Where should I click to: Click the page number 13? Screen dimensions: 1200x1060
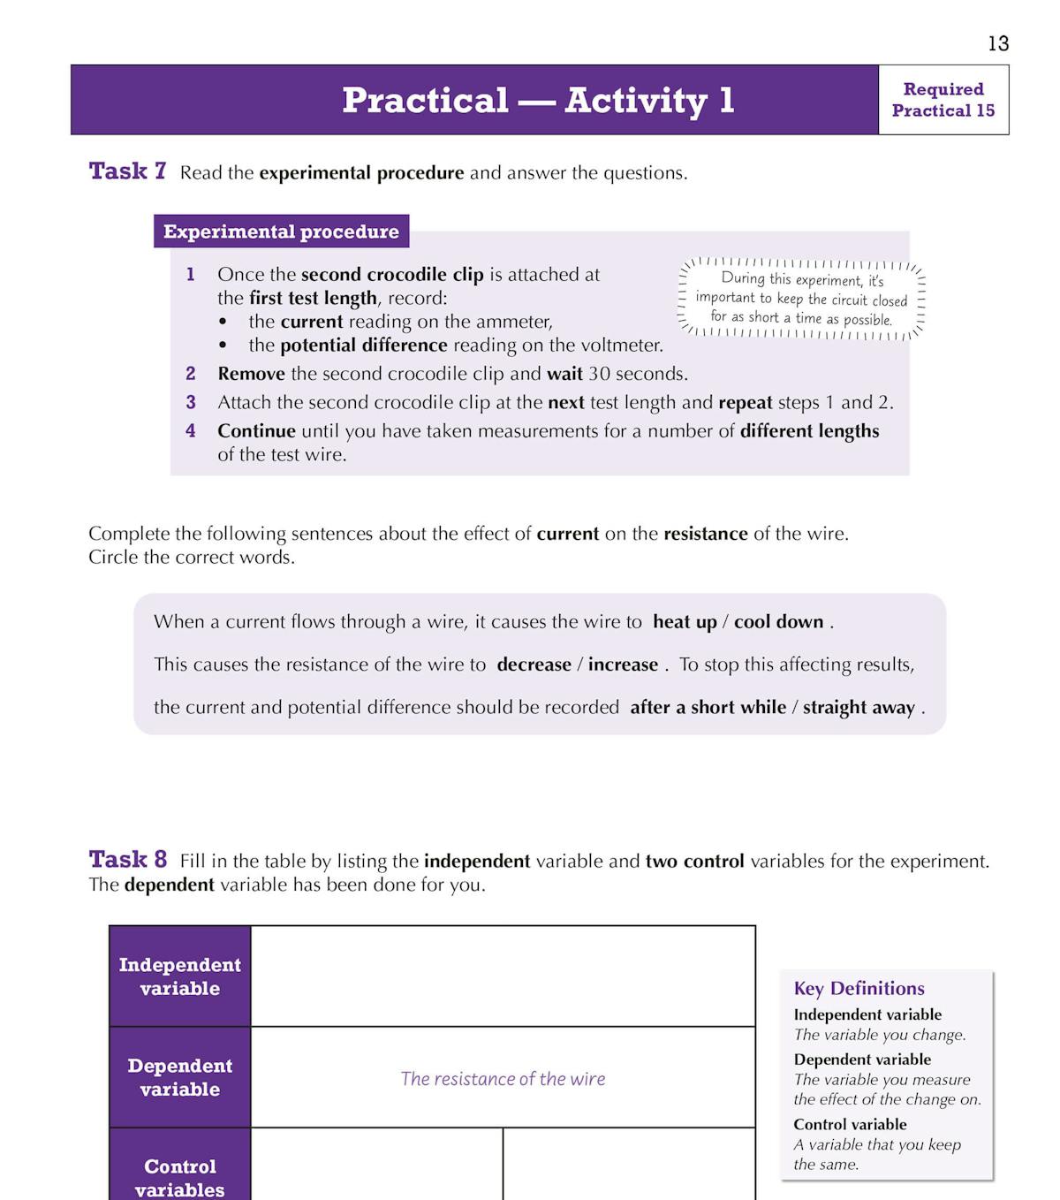tap(998, 43)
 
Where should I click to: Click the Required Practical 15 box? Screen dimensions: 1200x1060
tap(943, 100)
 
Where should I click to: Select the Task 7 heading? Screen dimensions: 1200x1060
tap(127, 171)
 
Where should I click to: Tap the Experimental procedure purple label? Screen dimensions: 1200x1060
tap(281, 232)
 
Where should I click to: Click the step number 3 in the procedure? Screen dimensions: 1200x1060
tap(191, 403)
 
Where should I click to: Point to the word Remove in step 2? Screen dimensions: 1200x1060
tap(251, 374)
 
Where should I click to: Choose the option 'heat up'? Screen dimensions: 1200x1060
tap(685, 622)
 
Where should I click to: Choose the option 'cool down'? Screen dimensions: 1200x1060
tap(778, 622)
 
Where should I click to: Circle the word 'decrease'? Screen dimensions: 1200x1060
tap(534, 665)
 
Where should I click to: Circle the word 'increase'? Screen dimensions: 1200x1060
tap(623, 665)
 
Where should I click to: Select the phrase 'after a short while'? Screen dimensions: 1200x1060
tap(708, 708)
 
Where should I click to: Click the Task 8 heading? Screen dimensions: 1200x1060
tap(127, 860)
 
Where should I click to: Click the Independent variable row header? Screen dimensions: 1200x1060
tap(180, 976)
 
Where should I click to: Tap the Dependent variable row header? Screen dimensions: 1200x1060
tap(180, 1077)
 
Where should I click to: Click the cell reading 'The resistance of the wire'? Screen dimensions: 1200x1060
tap(503, 1079)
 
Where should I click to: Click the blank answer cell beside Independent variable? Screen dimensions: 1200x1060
tap(503, 976)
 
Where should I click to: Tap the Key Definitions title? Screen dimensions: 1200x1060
tap(859, 989)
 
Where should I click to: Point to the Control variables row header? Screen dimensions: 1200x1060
tap(180, 1177)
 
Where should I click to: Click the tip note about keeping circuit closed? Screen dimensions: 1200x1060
tap(802, 299)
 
